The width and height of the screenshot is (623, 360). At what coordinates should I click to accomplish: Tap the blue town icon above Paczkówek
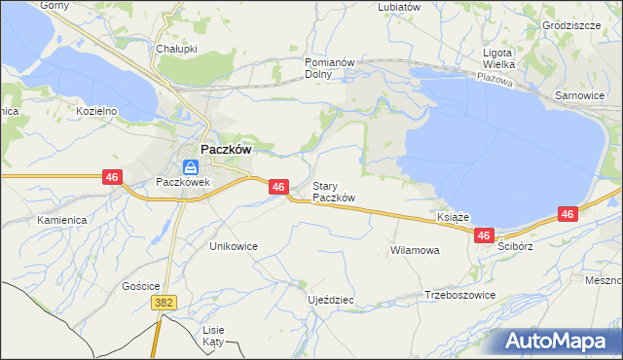click(191, 167)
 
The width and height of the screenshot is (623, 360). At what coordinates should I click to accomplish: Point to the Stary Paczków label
click(333, 192)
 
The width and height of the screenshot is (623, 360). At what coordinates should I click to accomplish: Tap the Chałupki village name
click(176, 48)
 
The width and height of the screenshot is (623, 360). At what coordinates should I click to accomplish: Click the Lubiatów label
click(399, 6)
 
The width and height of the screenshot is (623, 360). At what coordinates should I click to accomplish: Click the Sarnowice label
click(579, 96)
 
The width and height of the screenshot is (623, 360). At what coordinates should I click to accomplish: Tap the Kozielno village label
click(96, 111)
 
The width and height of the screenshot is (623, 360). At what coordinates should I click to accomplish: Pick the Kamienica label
click(62, 220)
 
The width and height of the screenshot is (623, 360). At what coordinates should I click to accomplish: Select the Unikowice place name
click(234, 246)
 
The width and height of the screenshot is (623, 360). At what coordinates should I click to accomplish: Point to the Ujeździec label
click(330, 300)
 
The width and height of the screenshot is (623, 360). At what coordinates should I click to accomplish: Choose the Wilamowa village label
click(415, 250)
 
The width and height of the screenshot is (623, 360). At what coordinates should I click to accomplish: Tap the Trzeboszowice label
click(460, 295)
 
